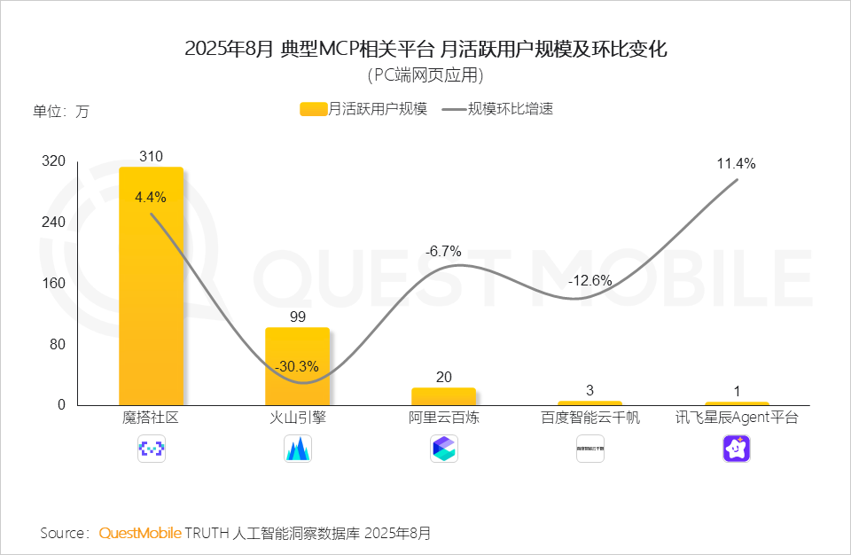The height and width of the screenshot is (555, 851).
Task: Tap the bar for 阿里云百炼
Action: tap(443, 396)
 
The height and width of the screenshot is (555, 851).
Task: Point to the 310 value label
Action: tap(151, 157)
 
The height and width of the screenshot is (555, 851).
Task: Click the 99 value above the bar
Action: tap(297, 317)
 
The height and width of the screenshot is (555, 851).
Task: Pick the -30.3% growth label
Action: tap(297, 366)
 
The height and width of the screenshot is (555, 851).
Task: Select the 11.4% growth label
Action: tap(737, 164)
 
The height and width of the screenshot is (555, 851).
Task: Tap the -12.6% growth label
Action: tap(590, 280)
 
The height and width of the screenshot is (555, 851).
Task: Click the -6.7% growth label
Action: tap(443, 252)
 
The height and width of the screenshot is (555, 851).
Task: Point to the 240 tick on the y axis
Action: tap(55, 223)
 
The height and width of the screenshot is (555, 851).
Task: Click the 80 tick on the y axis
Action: tap(59, 344)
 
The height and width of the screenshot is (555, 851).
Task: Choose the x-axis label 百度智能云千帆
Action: tap(590, 418)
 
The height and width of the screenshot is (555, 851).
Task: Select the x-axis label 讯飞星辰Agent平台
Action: tap(737, 418)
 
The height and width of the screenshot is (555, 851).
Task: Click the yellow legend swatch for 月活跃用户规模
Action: tap(313, 110)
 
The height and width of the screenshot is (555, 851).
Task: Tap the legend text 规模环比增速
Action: tap(511, 110)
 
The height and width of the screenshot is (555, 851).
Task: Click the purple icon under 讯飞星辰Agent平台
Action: tap(737, 449)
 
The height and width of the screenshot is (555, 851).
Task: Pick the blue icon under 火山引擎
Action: tap(297, 449)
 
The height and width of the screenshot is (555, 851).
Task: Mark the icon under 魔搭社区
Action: tap(151, 449)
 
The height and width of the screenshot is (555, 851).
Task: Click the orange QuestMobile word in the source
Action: tap(140, 533)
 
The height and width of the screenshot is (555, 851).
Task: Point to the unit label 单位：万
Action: tap(61, 112)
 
